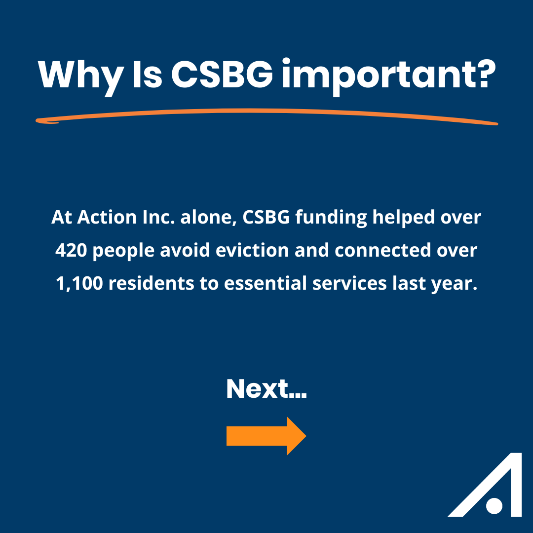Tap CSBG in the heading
click(x=222, y=74)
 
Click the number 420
click(x=71, y=250)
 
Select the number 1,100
click(x=79, y=283)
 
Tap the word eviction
click(x=252, y=250)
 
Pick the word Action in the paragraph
click(x=107, y=217)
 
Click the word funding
click(x=331, y=218)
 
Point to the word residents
click(x=151, y=283)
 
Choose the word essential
click(x=265, y=283)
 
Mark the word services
click(x=349, y=283)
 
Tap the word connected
click(x=383, y=250)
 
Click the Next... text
click(x=266, y=388)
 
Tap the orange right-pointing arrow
click(x=266, y=436)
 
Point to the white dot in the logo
click(x=494, y=506)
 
